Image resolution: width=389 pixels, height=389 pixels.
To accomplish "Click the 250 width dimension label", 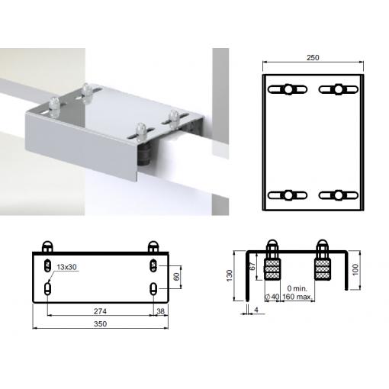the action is click(313, 58).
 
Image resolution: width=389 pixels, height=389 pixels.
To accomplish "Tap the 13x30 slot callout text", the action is click(66, 267).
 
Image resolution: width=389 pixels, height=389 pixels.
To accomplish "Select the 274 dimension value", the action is click(100, 311).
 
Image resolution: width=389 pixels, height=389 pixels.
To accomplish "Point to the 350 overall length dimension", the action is click(100, 324).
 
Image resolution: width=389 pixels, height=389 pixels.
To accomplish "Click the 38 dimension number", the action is click(160, 311).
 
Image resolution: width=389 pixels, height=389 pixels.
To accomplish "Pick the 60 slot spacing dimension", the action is click(176, 277).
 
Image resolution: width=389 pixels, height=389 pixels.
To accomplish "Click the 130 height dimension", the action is click(230, 275).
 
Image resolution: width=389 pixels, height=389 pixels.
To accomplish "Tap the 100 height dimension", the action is click(355, 270).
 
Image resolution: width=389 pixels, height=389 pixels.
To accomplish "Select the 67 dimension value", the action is click(252, 266).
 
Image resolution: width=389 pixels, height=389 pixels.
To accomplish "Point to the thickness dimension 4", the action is click(256, 310).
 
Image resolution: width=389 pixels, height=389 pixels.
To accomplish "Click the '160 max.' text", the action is click(297, 297).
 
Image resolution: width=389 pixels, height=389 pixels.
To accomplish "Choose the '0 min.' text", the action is click(297, 288).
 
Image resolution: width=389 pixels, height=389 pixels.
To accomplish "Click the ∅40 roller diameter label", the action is click(272, 297).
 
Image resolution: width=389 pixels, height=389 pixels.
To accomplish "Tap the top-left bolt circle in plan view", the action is click(288, 89).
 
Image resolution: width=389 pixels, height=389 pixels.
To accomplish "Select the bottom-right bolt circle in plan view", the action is click(339, 195).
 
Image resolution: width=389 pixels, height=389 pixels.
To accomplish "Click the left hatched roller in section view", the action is click(272, 269).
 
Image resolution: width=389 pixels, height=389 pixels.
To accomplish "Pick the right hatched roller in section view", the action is click(323, 269).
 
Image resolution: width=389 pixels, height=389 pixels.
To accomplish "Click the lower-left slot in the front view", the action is click(48, 289).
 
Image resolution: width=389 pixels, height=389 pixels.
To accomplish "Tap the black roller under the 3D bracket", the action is click(144, 154).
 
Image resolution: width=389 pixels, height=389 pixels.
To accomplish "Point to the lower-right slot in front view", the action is click(153, 289).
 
